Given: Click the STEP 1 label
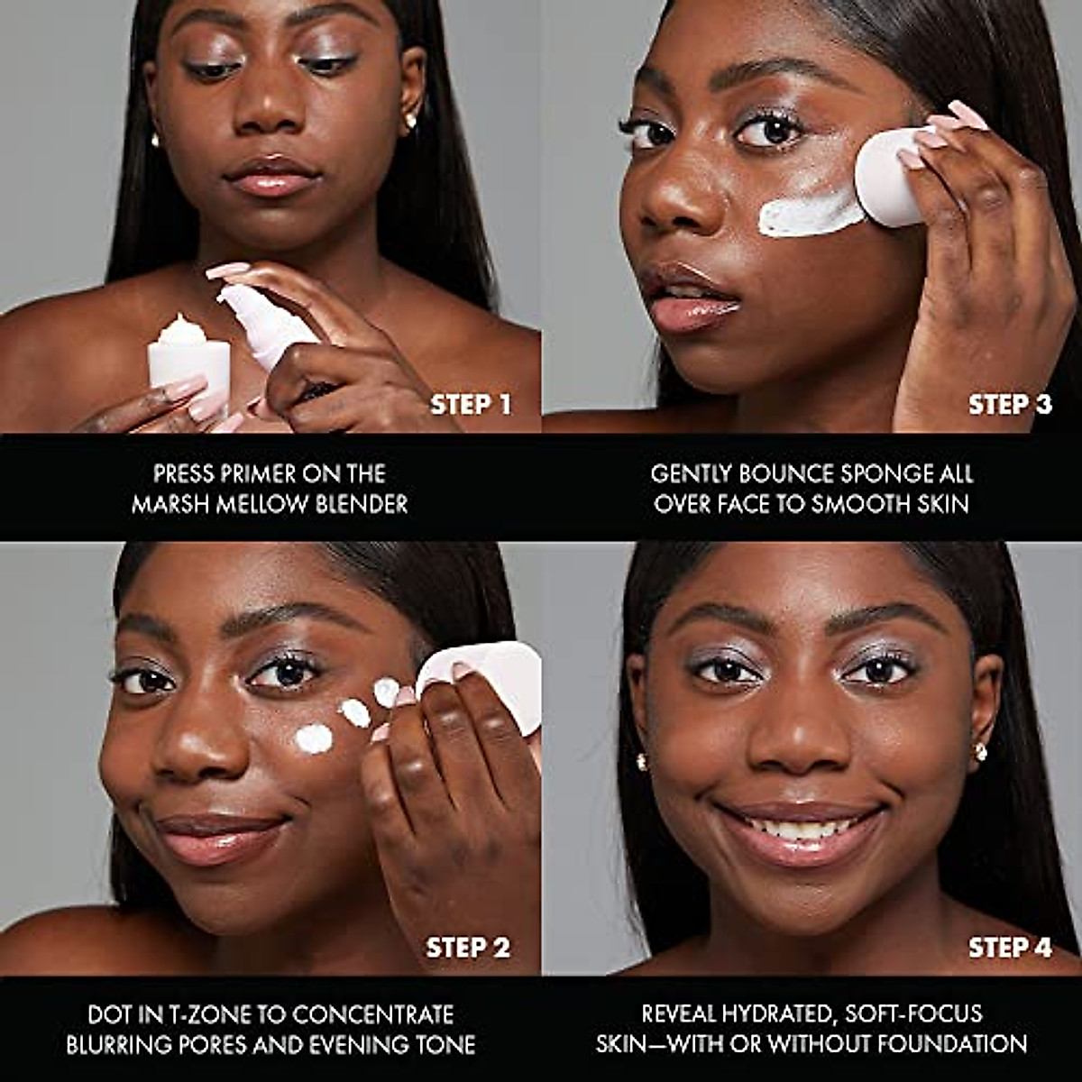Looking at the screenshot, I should click(471, 405).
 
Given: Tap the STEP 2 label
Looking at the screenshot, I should click(468, 948).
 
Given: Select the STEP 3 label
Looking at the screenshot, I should click(1010, 405).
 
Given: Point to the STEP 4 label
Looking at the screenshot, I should click(1010, 948).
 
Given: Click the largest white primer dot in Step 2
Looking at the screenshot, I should click(314, 739).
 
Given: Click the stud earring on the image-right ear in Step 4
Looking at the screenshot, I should click(980, 751).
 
